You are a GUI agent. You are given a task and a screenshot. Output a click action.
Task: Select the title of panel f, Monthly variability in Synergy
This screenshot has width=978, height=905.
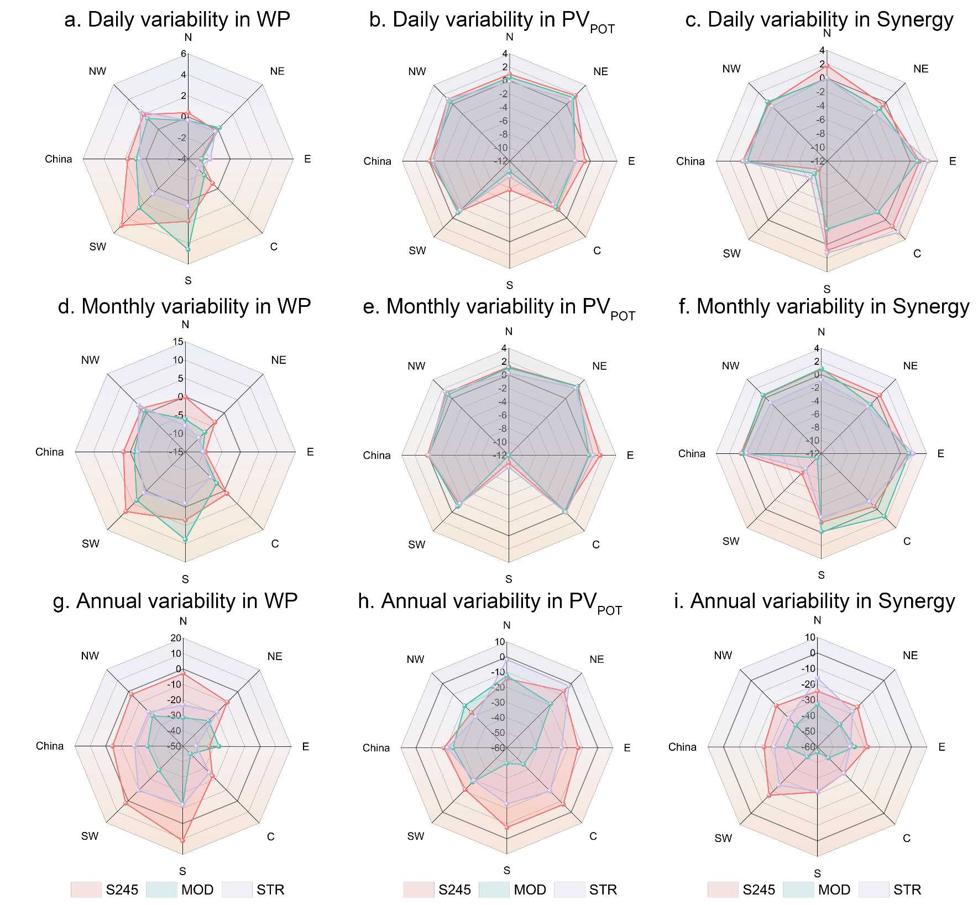(824, 307)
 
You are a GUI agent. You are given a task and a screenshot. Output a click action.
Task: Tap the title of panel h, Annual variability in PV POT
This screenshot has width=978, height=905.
(490, 602)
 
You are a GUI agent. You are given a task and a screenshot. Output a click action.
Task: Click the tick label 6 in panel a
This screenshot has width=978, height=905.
(184, 54)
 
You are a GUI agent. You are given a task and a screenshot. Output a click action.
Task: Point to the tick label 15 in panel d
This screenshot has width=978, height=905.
(177, 342)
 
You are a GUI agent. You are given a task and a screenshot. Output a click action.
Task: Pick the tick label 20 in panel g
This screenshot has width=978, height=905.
(176, 638)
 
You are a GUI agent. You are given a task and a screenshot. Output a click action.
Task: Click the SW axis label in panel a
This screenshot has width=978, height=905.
(97, 247)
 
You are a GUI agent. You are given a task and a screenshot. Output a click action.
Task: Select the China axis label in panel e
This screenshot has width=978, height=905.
(376, 456)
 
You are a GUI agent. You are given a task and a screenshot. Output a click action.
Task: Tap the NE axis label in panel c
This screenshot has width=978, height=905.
(921, 69)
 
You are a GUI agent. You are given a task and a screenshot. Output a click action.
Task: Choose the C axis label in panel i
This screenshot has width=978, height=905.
(907, 838)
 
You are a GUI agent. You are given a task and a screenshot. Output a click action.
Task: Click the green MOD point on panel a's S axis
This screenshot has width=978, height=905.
(188, 250)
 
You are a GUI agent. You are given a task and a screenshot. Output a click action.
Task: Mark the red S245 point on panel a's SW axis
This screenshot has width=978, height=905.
(121, 226)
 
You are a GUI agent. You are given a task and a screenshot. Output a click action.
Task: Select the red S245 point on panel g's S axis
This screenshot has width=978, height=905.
(182, 840)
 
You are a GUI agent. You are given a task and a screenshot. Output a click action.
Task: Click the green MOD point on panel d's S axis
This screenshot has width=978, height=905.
(185, 540)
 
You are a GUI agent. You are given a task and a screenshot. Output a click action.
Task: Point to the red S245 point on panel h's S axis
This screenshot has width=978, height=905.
(506, 827)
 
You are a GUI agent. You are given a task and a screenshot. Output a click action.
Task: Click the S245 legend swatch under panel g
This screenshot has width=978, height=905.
(86, 890)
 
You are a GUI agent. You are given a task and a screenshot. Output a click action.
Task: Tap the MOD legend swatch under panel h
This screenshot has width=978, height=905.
(494, 890)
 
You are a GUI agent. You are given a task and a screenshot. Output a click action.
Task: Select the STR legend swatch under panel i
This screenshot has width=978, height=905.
(874, 890)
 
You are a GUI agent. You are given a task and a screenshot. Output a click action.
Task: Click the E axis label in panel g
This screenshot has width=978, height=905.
(305, 747)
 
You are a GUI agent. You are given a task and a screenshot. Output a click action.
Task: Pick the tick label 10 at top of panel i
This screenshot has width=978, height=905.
(809, 637)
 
